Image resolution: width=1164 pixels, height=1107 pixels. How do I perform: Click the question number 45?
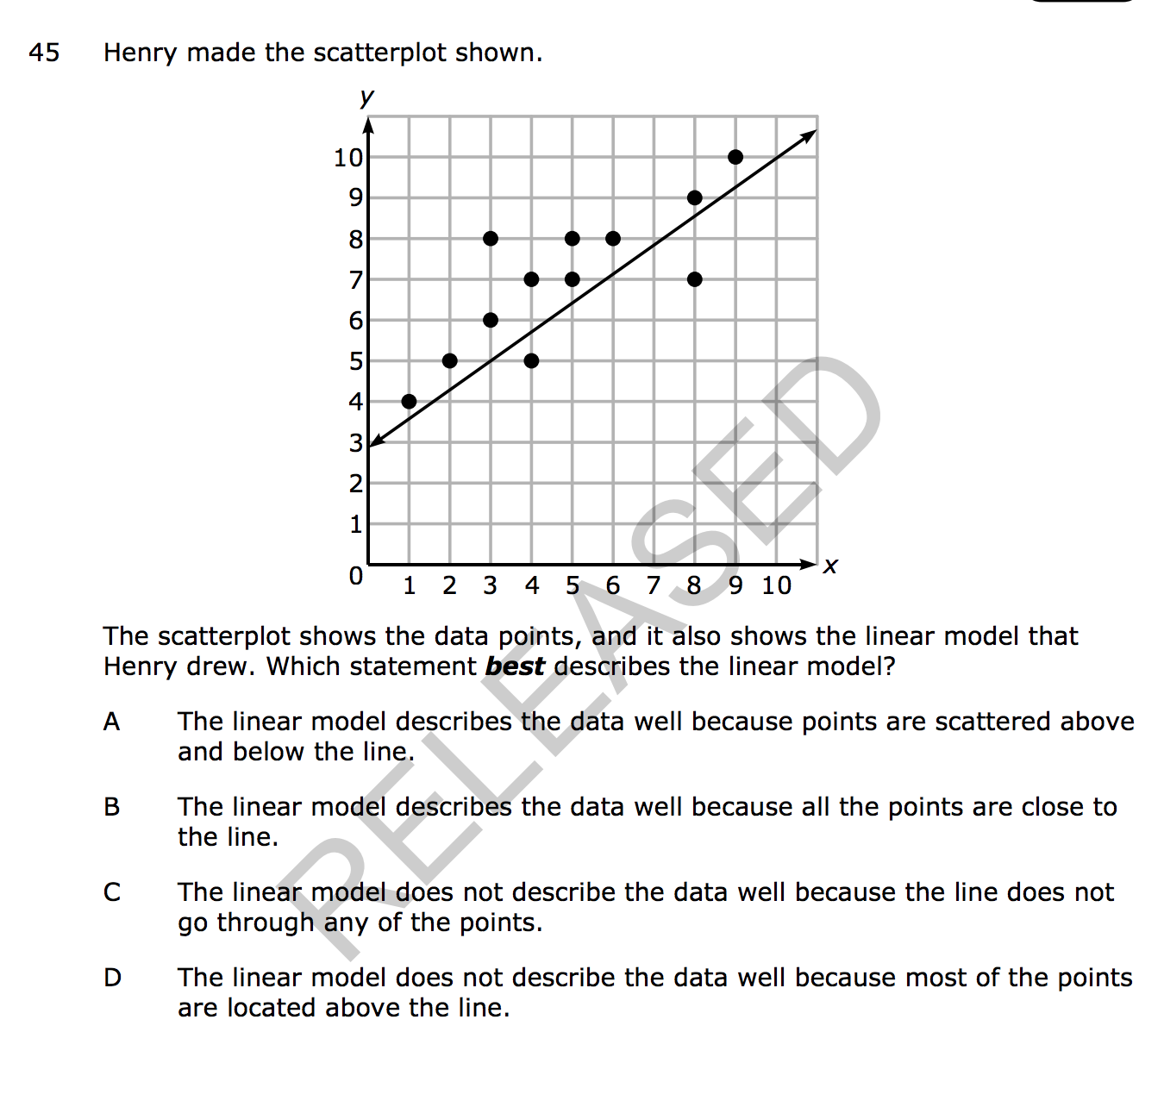tap(44, 53)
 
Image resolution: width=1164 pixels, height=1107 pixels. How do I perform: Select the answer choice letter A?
tap(112, 722)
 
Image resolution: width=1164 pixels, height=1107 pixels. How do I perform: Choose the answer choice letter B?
tap(112, 807)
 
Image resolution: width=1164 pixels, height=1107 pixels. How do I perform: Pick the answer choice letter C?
tap(112, 892)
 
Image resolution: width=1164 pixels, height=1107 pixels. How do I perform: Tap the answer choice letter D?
tap(112, 978)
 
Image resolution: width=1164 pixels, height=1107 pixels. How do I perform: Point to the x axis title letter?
tap(830, 566)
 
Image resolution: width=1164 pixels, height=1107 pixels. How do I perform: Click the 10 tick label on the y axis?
tap(348, 158)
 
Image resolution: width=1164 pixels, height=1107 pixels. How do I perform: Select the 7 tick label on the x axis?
tap(654, 586)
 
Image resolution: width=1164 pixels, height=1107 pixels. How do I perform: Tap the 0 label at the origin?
tap(355, 576)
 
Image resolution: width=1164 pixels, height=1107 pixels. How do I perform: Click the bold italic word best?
tap(515, 666)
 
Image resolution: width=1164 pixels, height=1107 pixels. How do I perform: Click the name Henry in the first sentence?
tap(141, 53)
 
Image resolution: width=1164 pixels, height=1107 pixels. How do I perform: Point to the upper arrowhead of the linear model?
tap(810, 134)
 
